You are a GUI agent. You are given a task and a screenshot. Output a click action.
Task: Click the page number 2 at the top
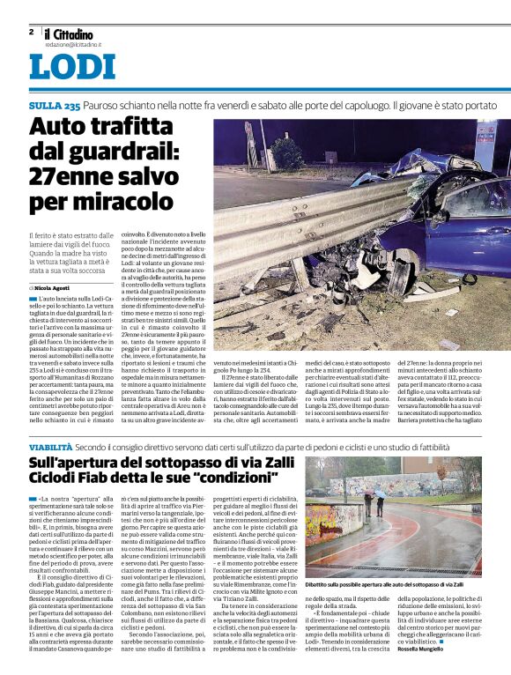point(31,32)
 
